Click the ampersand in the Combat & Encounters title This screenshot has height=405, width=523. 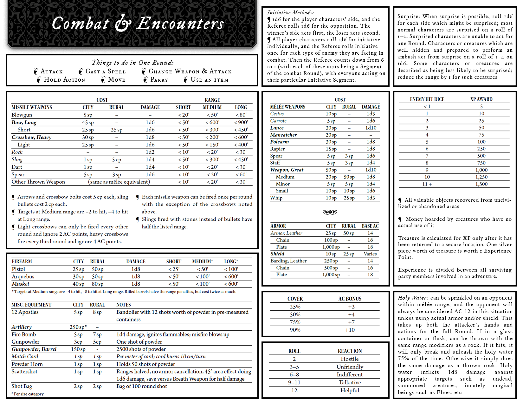123,24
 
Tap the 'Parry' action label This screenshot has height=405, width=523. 159,80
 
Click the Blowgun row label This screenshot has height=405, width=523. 22,115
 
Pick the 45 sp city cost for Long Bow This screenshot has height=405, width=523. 88,122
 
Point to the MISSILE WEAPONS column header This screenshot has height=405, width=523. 32,107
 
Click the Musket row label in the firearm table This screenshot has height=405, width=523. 20,284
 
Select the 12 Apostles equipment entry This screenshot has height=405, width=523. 25,312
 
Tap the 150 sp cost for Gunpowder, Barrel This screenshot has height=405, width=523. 78,349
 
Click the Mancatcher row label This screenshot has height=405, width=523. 283,135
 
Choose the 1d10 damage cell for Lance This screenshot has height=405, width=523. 371,128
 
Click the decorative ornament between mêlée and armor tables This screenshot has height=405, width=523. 330,212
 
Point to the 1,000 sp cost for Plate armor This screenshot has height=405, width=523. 331,247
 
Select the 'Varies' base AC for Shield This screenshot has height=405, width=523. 370,254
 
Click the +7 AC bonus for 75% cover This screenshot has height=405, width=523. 351,322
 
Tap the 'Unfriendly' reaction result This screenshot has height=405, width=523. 350,367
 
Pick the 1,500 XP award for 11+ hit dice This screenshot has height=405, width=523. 481,184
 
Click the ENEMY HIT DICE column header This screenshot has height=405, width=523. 427,99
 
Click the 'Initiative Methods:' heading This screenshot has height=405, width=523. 290,12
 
